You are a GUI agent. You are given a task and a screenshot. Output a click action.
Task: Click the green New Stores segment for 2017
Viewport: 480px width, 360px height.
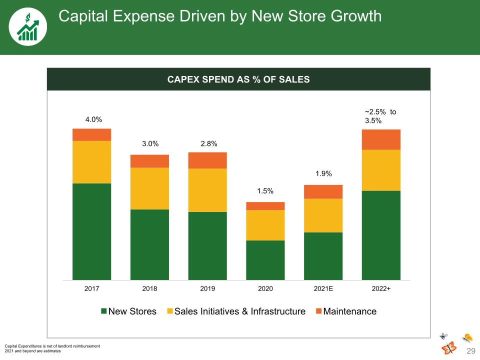92,231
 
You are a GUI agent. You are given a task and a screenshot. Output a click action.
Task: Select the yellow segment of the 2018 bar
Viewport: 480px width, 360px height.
149,188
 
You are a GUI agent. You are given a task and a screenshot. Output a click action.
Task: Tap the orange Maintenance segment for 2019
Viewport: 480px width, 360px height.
207,160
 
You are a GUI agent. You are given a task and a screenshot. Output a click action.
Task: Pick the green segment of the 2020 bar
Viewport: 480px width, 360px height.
265,260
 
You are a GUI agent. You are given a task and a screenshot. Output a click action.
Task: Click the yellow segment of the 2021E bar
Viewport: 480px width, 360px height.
323,215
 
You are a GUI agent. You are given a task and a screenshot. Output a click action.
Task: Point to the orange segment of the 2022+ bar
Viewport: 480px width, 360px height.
381,139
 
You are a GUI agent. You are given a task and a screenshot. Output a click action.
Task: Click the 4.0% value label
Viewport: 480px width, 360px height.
93,119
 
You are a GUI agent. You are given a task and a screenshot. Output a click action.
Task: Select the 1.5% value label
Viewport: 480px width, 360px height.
265,191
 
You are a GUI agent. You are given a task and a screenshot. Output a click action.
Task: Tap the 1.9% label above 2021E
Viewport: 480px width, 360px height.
323,173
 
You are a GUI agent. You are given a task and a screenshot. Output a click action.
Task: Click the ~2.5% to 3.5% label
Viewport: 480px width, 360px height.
380,116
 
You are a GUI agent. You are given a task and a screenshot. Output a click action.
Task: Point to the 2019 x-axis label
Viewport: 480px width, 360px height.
207,288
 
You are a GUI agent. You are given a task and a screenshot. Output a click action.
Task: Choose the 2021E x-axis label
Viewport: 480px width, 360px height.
323,288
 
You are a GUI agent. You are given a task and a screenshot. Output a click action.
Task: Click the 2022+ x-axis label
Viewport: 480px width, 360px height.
381,288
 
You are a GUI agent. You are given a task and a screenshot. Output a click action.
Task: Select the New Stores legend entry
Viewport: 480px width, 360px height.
129,311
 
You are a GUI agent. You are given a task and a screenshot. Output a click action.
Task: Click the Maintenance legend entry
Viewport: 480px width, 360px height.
346,311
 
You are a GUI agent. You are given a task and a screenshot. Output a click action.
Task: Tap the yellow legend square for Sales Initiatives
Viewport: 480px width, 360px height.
170,311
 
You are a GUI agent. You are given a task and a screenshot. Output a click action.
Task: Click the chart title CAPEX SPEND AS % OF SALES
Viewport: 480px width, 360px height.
238,79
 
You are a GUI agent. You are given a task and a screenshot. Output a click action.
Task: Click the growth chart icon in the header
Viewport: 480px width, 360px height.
28,27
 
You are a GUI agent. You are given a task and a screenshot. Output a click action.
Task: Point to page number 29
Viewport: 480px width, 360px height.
471,351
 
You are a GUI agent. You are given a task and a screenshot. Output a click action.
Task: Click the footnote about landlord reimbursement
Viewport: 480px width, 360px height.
52,346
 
